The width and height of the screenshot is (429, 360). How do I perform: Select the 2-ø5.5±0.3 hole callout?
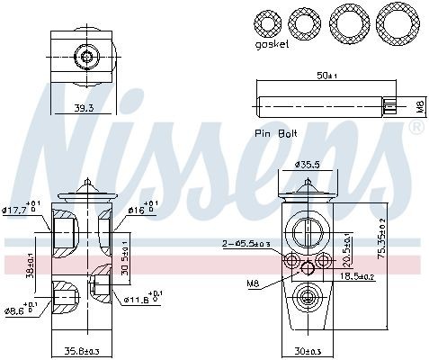tap(245, 243)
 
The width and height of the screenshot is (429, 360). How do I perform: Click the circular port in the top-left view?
tap(85, 58)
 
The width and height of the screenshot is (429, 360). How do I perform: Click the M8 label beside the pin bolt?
tap(418, 107)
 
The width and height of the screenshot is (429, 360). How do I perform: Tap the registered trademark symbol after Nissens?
tap(416, 129)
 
